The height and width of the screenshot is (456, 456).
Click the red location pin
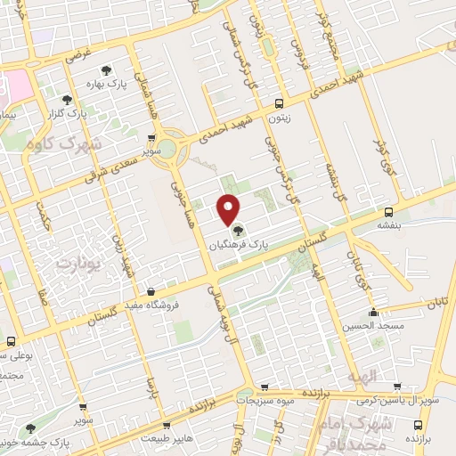(228, 208)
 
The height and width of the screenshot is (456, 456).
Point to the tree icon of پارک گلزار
(68, 100)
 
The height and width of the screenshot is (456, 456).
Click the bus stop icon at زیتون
(280, 102)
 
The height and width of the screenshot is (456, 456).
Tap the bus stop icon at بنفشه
(388, 212)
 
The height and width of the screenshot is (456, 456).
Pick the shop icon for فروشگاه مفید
(151, 291)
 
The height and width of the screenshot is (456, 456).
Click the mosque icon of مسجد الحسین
(374, 313)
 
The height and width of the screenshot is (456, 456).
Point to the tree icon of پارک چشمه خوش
(32, 428)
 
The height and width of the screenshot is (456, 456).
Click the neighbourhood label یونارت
(75, 265)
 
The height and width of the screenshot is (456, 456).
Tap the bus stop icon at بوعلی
(11, 341)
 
